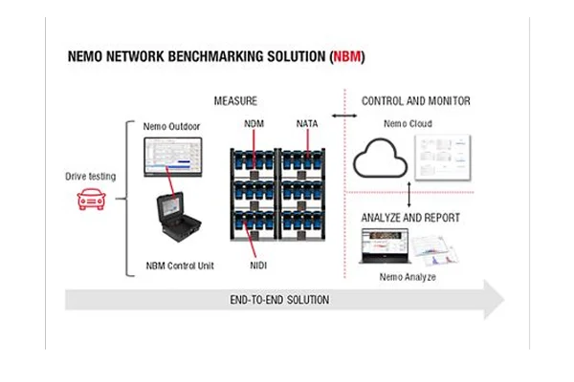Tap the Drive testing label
point(90,177)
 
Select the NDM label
point(254,125)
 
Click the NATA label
point(307,125)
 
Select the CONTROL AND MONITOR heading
point(415,100)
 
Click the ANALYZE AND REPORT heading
point(410,218)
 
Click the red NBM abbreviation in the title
point(346,57)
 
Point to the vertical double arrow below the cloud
point(409,196)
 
